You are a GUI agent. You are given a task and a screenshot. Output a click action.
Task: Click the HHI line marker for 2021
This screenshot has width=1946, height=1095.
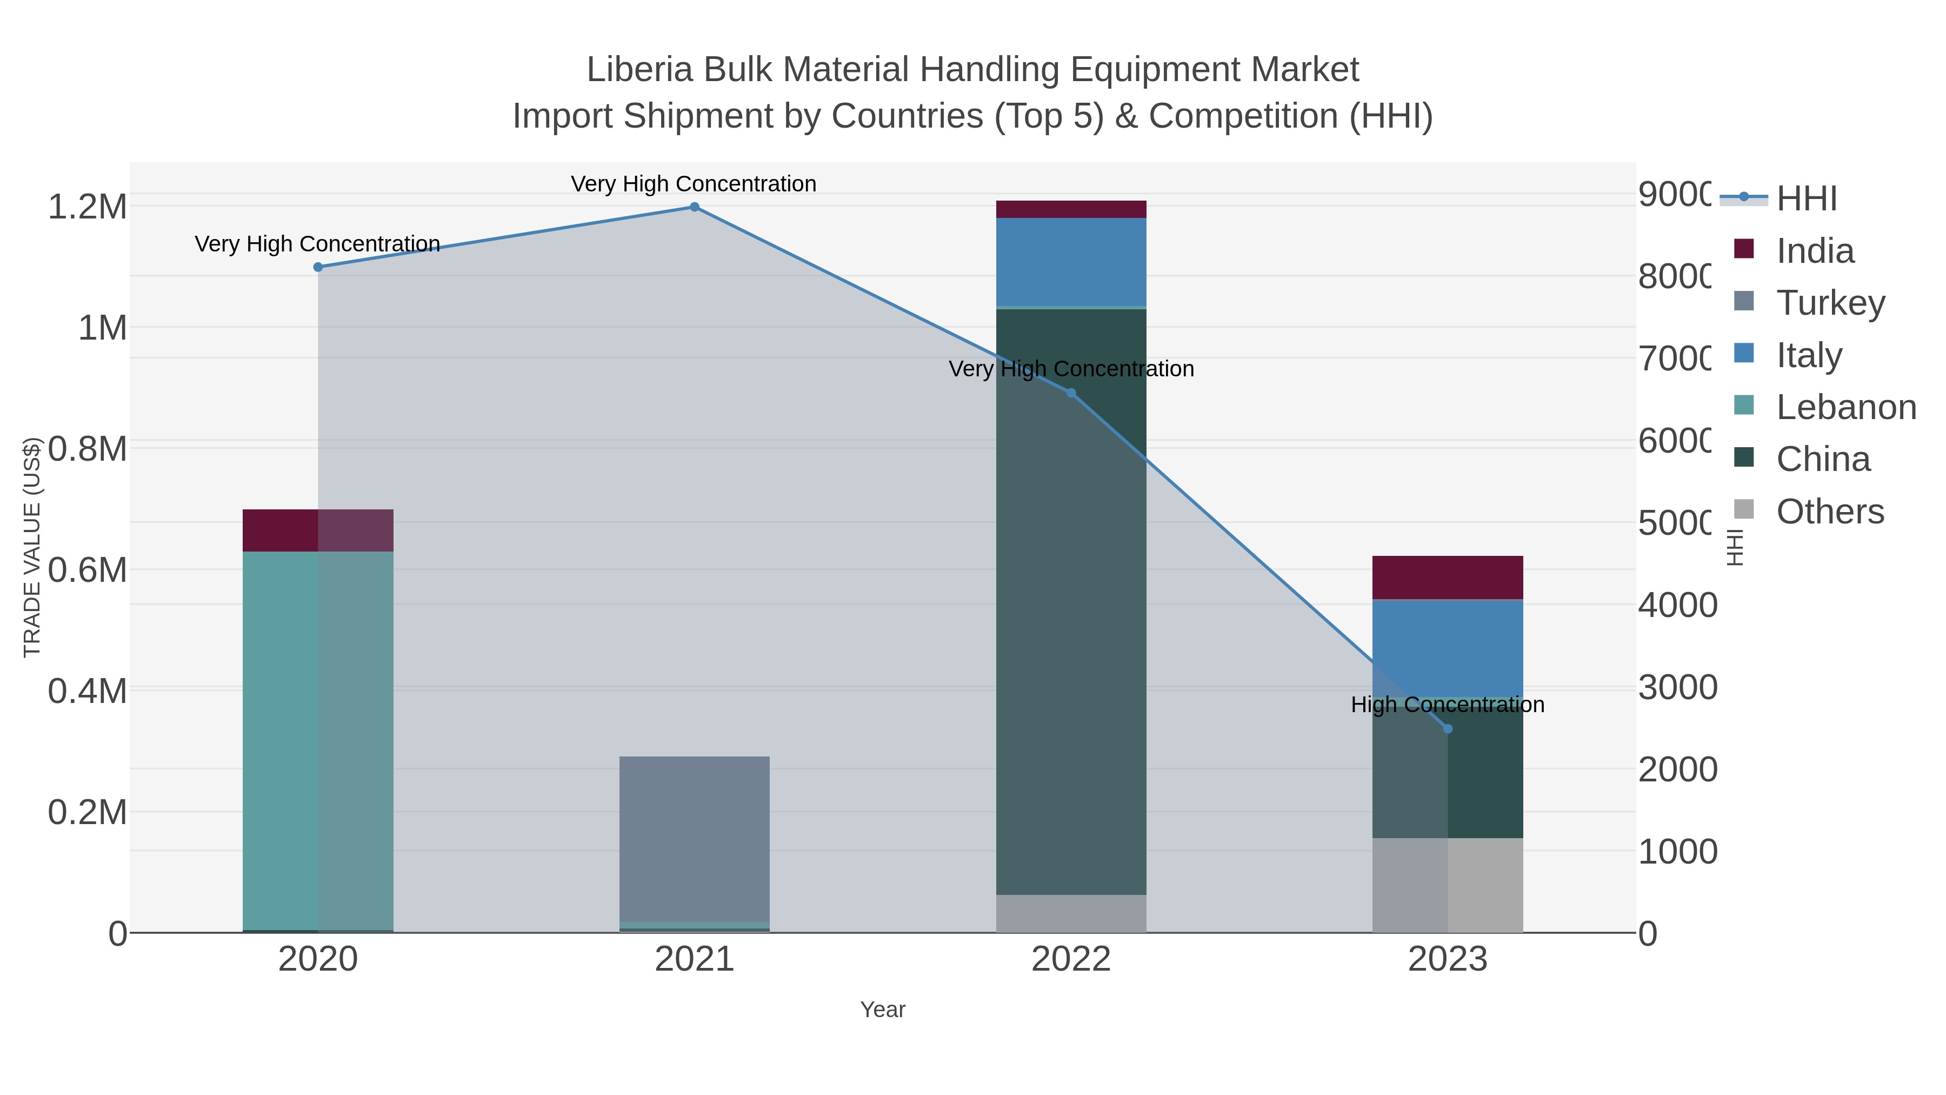click(694, 207)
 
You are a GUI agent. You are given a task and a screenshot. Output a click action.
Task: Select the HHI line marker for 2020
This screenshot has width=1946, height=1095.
click(318, 267)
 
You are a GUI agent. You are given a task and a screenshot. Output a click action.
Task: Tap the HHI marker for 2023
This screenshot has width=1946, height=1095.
click(1448, 728)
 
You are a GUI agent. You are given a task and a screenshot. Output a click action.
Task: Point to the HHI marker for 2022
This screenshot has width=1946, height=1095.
click(1070, 393)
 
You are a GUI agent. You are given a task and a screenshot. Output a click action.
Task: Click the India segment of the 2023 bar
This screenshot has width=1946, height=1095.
click(1448, 578)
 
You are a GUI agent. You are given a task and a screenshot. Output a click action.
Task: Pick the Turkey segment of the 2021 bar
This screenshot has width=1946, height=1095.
click(694, 839)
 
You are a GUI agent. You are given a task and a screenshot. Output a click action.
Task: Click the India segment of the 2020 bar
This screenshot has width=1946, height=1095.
click(318, 530)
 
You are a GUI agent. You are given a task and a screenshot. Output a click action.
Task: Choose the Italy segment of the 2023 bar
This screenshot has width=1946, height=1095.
click(1448, 647)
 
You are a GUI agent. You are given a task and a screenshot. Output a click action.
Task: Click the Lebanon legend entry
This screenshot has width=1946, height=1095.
click(1845, 407)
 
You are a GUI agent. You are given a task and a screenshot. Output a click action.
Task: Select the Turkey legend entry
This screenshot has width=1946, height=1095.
click(1830, 303)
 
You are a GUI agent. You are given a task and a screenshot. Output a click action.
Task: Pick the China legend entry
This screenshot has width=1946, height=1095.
click(1822, 460)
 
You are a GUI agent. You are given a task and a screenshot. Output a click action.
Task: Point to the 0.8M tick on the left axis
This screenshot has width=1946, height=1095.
click(88, 449)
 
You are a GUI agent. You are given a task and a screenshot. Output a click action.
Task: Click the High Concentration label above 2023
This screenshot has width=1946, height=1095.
click(1448, 704)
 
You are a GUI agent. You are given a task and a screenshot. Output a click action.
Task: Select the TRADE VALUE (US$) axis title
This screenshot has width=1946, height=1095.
click(32, 547)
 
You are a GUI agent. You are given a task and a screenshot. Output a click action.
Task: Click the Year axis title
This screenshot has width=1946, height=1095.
click(882, 1010)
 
